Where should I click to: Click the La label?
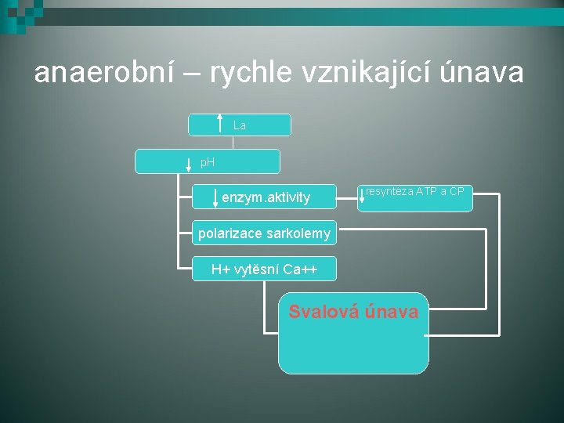click(x=240, y=125)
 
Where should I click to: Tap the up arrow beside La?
click(x=219, y=125)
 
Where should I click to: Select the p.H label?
click(x=208, y=163)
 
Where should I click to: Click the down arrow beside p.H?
click(x=189, y=164)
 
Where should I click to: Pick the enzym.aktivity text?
click(x=266, y=198)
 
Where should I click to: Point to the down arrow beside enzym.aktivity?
click(x=214, y=197)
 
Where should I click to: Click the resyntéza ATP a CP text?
click(x=415, y=192)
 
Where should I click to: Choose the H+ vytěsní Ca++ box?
click(x=264, y=269)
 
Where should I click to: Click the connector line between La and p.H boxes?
click(x=233, y=143)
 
